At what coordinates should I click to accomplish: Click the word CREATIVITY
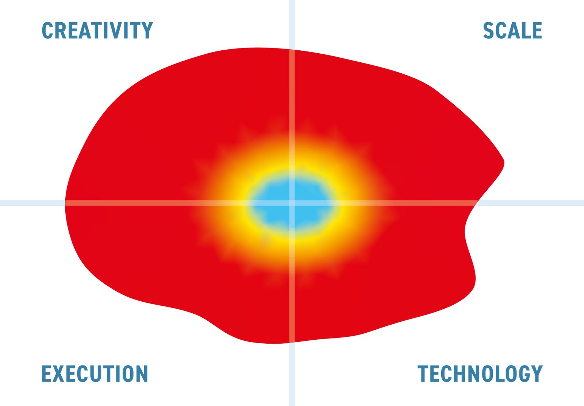pyautogui.click(x=97, y=31)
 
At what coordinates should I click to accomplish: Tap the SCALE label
pyautogui.click(x=512, y=31)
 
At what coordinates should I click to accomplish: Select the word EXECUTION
pyautogui.click(x=95, y=374)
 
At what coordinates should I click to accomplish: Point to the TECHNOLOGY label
pyautogui.click(x=480, y=374)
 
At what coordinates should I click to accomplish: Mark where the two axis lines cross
pyautogui.click(x=292, y=203)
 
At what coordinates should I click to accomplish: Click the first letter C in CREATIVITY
pyautogui.click(x=47, y=31)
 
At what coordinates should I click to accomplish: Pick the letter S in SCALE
pyautogui.click(x=488, y=31)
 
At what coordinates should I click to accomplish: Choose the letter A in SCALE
pyautogui.click(x=512, y=31)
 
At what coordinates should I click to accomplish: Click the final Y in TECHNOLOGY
pyautogui.click(x=537, y=374)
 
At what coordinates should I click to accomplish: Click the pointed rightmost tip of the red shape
pyautogui.click(x=504, y=163)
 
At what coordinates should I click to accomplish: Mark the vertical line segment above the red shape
pyautogui.click(x=292, y=24)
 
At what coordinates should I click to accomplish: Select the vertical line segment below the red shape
pyautogui.click(x=292, y=374)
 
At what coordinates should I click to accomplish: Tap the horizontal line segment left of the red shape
pyautogui.click(x=32, y=203)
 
